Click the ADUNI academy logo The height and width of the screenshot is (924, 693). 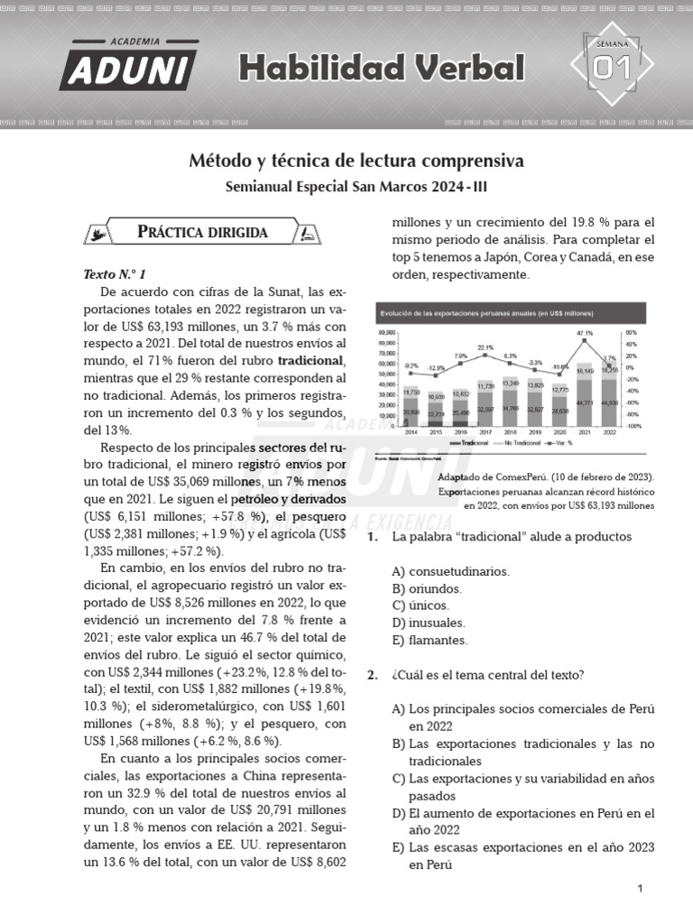pyautogui.click(x=128, y=64)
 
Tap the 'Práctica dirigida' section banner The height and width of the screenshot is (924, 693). pyautogui.click(x=202, y=232)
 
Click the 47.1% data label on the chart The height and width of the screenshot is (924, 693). pyautogui.click(x=585, y=333)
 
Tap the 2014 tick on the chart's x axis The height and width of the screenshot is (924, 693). pyautogui.click(x=411, y=432)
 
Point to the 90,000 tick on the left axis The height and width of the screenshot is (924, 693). pyautogui.click(x=388, y=333)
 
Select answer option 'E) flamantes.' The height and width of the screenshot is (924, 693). pyautogui.click(x=430, y=640)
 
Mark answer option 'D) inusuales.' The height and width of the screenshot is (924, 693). pyautogui.click(x=429, y=623)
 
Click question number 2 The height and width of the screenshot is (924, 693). pyautogui.click(x=372, y=674)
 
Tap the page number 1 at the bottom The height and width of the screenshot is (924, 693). pyautogui.click(x=639, y=889)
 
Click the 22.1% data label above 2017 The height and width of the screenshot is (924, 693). pyautogui.click(x=485, y=347)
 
